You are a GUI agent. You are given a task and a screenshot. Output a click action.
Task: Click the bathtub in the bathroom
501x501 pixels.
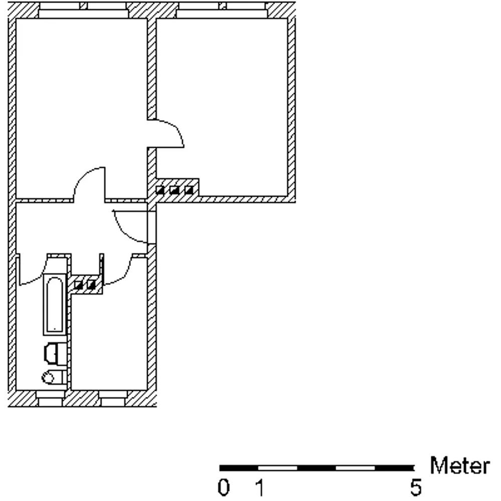pyautogui.click(x=55, y=305)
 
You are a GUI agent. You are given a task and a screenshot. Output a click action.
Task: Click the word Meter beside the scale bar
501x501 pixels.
pyautogui.click(x=459, y=465)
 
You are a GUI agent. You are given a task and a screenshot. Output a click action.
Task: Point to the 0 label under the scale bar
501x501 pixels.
pyautogui.click(x=223, y=487)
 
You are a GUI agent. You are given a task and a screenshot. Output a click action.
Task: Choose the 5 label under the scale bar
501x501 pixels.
pyautogui.click(x=416, y=487)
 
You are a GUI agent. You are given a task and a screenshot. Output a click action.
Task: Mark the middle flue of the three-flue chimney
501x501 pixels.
pyautogui.click(x=174, y=190)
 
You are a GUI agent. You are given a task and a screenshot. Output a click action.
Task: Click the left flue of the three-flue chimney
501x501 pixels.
pyautogui.click(x=160, y=190)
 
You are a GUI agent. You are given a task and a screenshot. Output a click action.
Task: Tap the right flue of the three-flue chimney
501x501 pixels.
pyautogui.click(x=189, y=190)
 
